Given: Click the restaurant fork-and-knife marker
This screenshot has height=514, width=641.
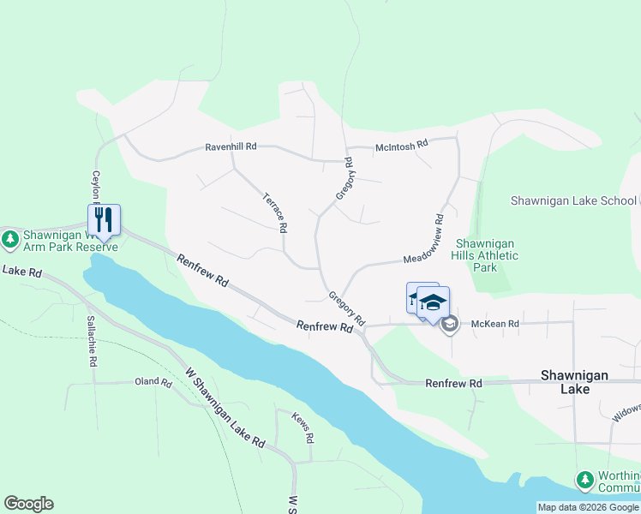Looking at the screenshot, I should point(104,219).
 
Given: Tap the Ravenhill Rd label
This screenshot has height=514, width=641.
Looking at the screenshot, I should point(231,147).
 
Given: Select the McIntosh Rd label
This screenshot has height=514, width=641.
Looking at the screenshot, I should point(401,147).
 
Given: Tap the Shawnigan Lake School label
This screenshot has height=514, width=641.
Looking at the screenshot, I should point(573,200).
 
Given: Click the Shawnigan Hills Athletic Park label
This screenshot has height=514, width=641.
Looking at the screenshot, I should point(487,255).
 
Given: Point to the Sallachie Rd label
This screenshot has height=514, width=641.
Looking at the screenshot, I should point(90,342).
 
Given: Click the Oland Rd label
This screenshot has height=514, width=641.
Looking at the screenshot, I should point(153,382).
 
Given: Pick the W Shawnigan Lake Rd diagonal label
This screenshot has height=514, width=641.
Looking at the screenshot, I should point(225,408).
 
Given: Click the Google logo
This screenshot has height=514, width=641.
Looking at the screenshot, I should point(28,504).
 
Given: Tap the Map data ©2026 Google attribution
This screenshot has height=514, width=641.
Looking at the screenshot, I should point(588,507).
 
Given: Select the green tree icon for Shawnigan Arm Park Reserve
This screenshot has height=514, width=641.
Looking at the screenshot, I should point(10,238).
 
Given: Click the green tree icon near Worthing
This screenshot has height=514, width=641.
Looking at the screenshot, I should point(585,480).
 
